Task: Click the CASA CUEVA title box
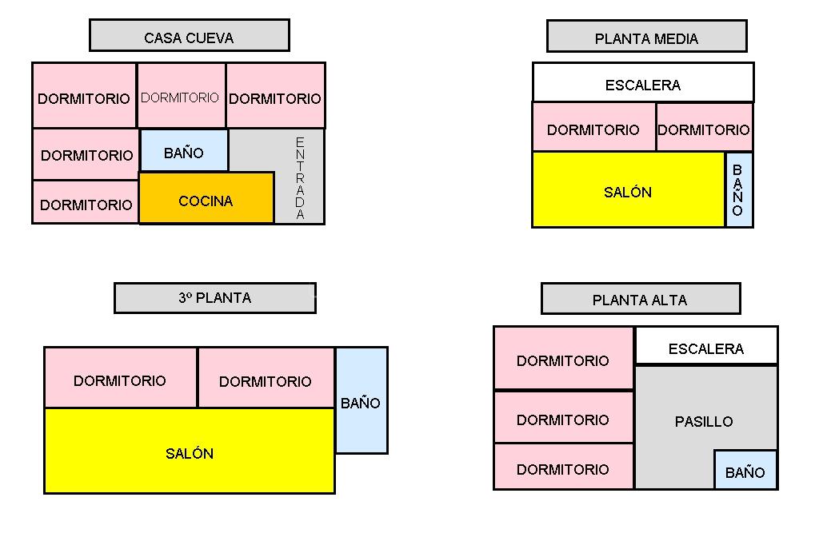[x=189, y=36]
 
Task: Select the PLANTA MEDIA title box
[x=646, y=37]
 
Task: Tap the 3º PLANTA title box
[x=214, y=298]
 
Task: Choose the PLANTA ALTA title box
[x=640, y=300]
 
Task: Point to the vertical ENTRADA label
[x=300, y=177]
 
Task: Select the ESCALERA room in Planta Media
[x=643, y=83]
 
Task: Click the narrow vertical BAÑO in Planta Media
[x=738, y=190]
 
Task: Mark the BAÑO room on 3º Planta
[x=361, y=401]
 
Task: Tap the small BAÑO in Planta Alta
[x=745, y=471]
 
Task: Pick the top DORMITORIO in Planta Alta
[x=563, y=359]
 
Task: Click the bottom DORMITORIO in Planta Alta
[x=563, y=467]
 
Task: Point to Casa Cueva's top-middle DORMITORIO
[x=181, y=96]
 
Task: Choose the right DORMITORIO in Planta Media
[x=704, y=128]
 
